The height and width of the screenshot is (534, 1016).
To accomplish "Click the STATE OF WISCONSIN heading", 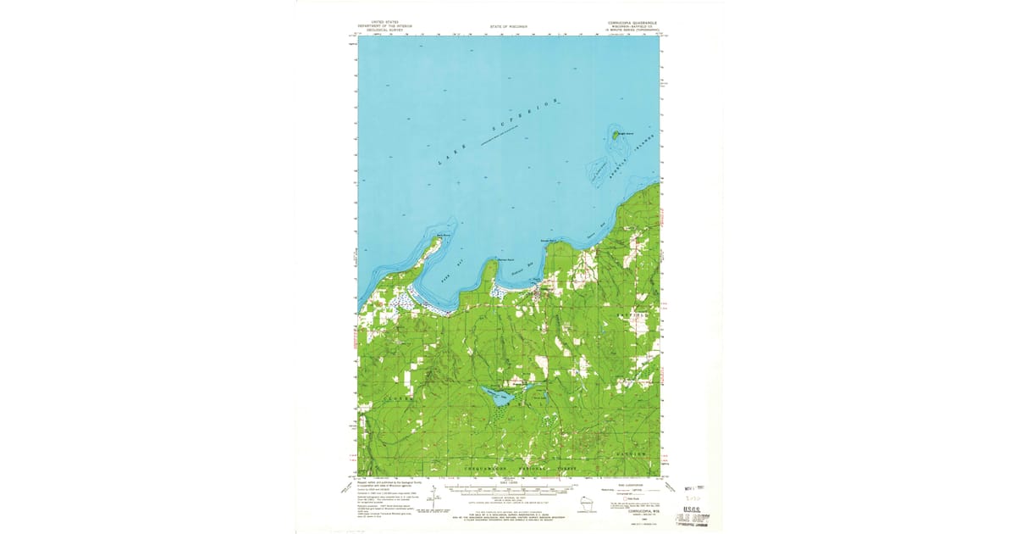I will pos(508,27).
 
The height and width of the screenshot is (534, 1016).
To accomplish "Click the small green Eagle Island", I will pos(616,134).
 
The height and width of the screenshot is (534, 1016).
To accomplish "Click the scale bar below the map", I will pos(508,489).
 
